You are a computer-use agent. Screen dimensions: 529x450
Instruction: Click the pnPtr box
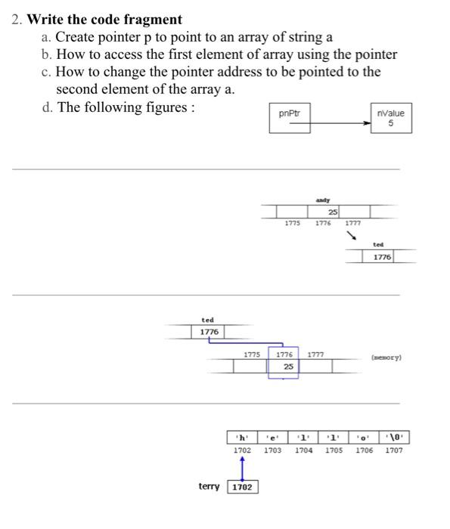[290, 120]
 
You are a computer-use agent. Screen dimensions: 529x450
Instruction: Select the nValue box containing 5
[390, 119]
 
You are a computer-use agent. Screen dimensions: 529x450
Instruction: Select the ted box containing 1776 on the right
[381, 257]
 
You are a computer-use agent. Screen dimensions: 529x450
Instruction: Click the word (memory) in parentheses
[386, 354]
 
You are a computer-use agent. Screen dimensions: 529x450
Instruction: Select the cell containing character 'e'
[273, 438]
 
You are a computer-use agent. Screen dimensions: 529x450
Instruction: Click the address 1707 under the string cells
[395, 450]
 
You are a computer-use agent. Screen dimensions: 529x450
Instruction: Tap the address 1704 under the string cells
[303, 450]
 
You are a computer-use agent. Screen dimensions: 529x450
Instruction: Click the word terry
[209, 487]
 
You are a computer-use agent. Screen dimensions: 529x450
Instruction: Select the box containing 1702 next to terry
[242, 487]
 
